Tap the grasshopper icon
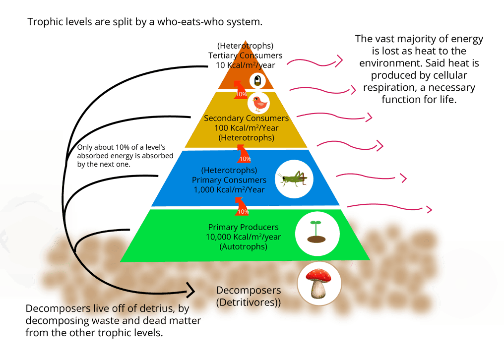[295, 179]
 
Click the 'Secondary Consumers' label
[246, 119]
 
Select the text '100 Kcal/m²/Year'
[246, 128]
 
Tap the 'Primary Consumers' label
[229, 180]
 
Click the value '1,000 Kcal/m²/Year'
[229, 189]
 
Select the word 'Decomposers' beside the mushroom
[249, 290]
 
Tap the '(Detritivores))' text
[249, 301]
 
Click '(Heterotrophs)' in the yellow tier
[246, 137]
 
